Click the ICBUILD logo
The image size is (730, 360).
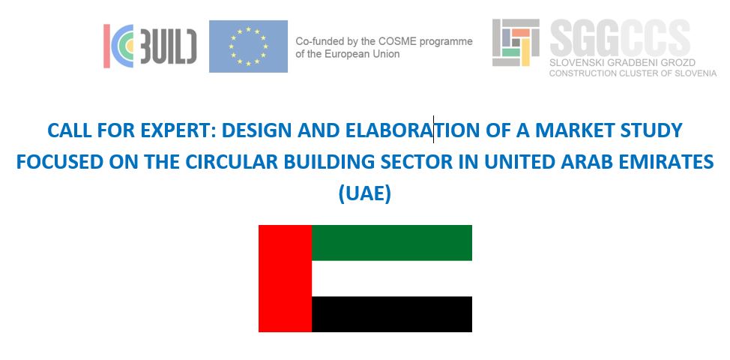[x=150, y=46]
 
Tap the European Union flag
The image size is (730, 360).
[x=248, y=46]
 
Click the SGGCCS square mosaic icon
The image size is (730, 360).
[x=516, y=43]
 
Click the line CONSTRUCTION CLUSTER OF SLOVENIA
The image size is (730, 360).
[x=633, y=73]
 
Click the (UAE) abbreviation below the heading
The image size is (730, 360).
[x=365, y=194]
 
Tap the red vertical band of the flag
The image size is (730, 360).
[x=285, y=278]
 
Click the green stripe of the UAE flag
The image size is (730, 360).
[x=391, y=242]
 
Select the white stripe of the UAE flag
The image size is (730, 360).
[x=391, y=278]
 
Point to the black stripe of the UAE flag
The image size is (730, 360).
[x=391, y=313]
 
